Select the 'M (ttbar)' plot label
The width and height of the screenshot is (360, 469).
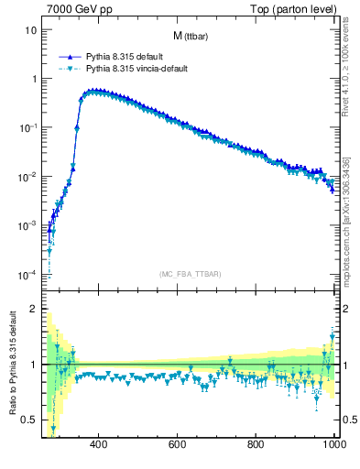pos(190,36)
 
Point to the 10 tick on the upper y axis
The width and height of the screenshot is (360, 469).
pos(30,29)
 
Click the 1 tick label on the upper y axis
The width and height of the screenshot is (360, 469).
pos(33,79)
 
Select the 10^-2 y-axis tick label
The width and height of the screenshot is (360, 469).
pos(27,177)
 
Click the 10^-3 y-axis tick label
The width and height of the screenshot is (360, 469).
pos(27,225)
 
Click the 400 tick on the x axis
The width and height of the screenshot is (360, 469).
pos(100,446)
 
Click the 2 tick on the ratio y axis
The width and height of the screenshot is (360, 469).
pos(33,309)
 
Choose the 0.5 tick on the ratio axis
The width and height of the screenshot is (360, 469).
pos(28,420)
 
